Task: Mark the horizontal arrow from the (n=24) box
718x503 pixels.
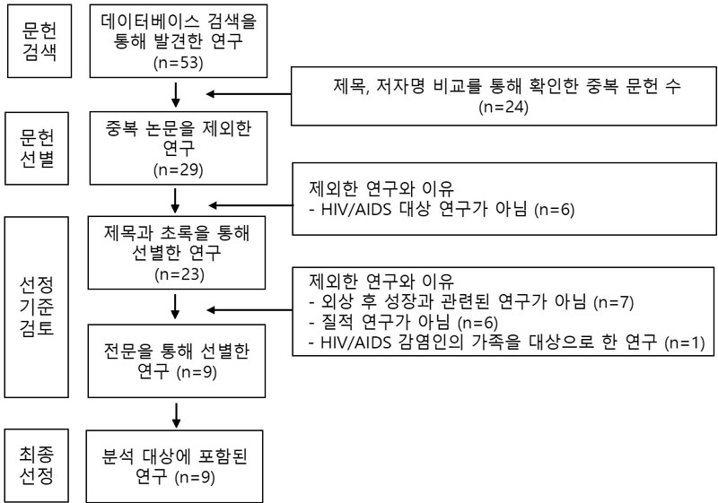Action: pyautogui.click(x=251, y=92)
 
